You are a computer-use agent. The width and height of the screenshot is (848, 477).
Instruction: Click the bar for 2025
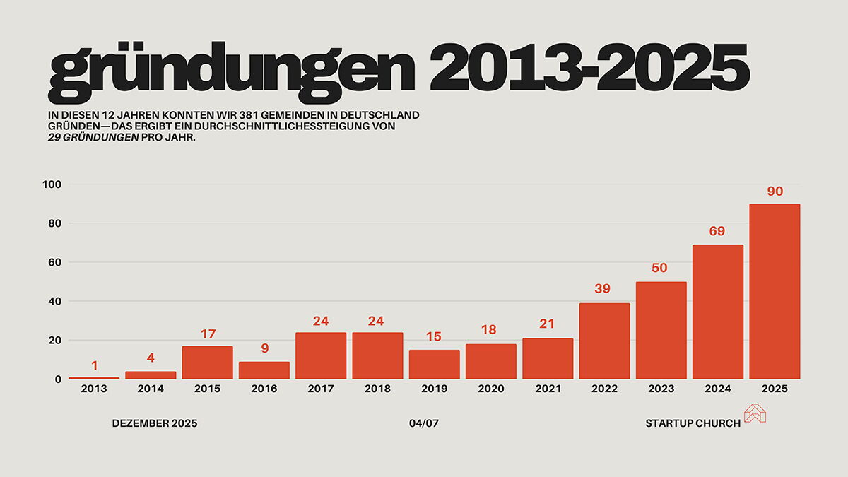coord(775,291)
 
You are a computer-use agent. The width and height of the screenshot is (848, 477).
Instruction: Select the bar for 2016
coord(264,370)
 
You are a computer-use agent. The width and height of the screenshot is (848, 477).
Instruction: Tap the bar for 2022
coord(604,341)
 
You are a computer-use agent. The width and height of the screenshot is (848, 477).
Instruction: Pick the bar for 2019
coord(434,364)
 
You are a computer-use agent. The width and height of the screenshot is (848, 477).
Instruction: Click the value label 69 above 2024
coord(717,231)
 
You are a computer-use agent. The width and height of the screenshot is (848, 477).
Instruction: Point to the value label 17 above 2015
coord(208,334)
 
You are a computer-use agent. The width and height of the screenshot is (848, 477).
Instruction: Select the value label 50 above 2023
coord(661,269)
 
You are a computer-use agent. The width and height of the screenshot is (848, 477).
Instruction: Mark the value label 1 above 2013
coord(94,365)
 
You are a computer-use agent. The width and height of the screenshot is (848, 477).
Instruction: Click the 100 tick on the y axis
coord(53,184)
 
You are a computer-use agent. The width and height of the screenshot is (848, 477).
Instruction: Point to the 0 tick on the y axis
coord(59,379)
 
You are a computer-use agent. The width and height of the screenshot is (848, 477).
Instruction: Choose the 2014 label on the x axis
coord(151,389)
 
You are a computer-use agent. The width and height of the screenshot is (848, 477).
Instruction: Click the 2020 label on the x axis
coord(490,389)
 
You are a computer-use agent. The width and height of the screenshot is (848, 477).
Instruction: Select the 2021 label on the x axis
coord(548,389)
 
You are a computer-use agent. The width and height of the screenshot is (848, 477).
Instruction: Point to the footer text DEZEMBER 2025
coord(155,423)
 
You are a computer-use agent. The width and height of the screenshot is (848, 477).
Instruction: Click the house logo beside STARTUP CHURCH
coord(755,413)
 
